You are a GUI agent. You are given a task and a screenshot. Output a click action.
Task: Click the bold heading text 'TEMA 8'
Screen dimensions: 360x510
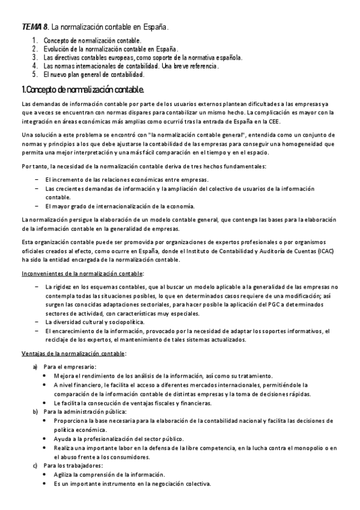pyautogui.click(x=34, y=27)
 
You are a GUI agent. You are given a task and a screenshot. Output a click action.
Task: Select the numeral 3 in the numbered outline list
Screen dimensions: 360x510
pyautogui.click(x=35, y=58)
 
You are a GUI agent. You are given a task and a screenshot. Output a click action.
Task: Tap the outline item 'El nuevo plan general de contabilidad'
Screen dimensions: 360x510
pyautogui.click(x=94, y=75)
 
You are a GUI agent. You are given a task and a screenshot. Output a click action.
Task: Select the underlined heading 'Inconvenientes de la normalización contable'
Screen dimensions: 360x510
pyautogui.click(x=82, y=274)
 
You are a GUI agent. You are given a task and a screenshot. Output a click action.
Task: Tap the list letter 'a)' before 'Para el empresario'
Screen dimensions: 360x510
pyautogui.click(x=35, y=366)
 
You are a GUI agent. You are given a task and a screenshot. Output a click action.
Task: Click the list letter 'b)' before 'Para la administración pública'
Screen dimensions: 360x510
pyautogui.click(x=35, y=411)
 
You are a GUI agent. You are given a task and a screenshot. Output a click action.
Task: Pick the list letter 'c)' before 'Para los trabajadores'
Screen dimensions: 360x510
pyautogui.click(x=35, y=465)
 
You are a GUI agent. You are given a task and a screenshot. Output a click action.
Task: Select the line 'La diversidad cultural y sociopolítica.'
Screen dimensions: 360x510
pyautogui.click(x=94, y=322)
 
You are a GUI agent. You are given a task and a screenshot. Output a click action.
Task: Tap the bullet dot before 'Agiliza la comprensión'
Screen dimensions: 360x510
pyautogui.click(x=46, y=475)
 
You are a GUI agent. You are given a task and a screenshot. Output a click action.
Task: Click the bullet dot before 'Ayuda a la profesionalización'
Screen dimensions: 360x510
pyautogui.click(x=46, y=438)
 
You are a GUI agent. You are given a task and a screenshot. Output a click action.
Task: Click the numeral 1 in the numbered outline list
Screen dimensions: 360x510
pyautogui.click(x=35, y=40)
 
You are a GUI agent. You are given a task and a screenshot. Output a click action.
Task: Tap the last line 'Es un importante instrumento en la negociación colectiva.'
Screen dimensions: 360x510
pyautogui.click(x=131, y=484)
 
